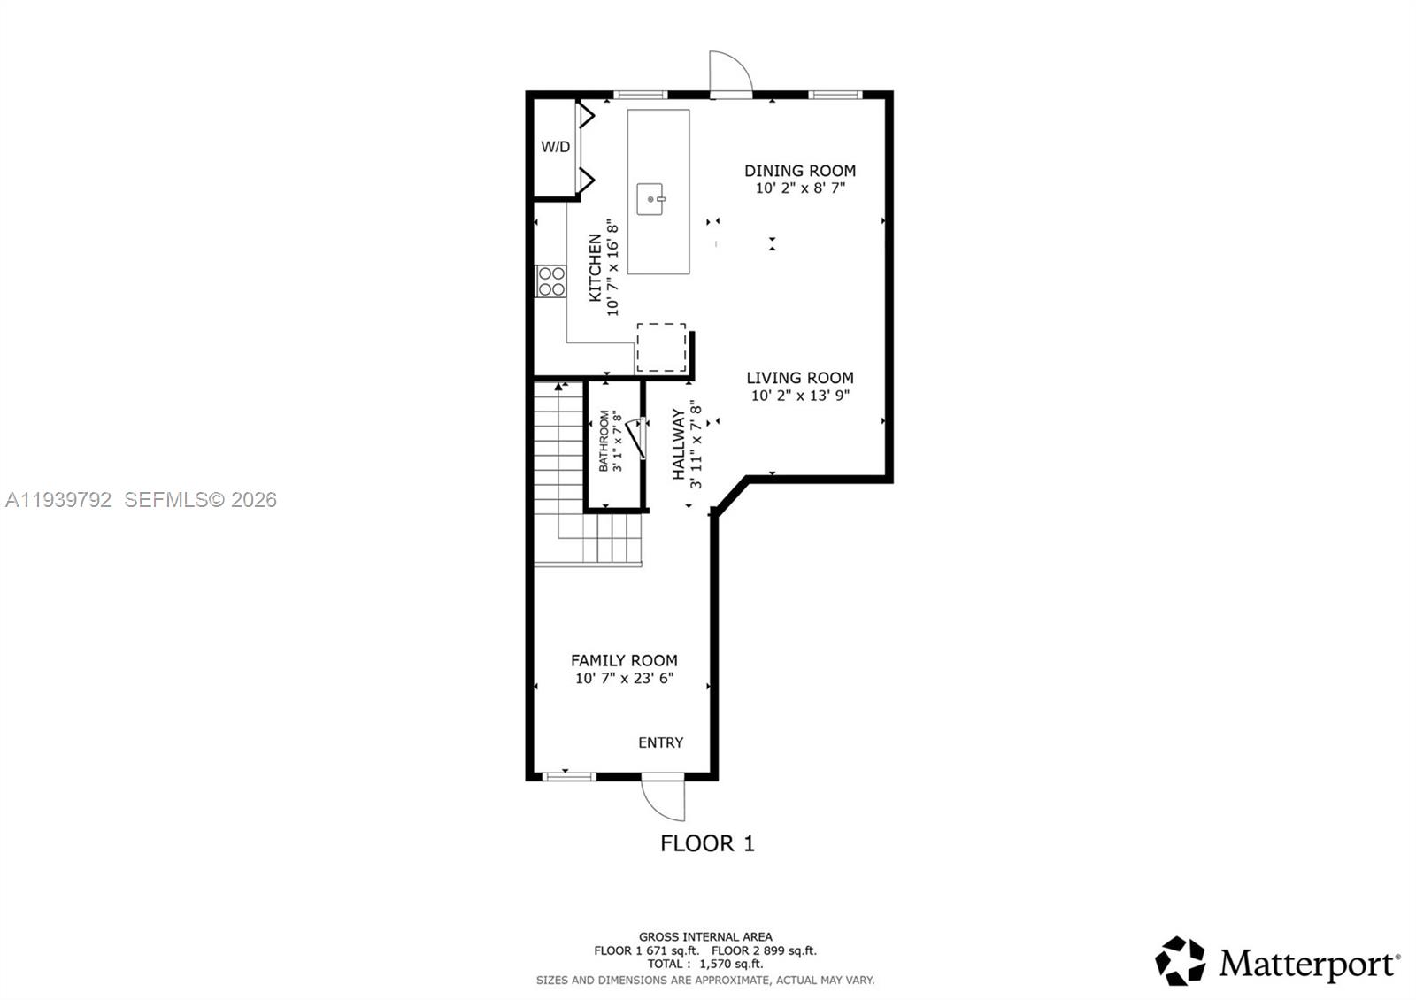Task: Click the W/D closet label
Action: (555, 147)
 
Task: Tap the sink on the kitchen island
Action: (650, 199)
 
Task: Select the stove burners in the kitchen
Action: (551, 281)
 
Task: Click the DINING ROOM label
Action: (799, 171)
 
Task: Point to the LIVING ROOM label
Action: (799, 378)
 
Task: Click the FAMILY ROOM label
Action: (624, 660)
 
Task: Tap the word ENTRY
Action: (660, 742)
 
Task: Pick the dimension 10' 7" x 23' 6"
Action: (624, 679)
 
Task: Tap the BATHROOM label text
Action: (604, 441)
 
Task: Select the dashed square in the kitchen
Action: (661, 348)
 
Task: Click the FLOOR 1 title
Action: (707, 843)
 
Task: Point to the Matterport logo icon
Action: (1181, 961)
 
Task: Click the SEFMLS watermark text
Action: (200, 500)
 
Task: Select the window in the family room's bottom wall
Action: (567, 777)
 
